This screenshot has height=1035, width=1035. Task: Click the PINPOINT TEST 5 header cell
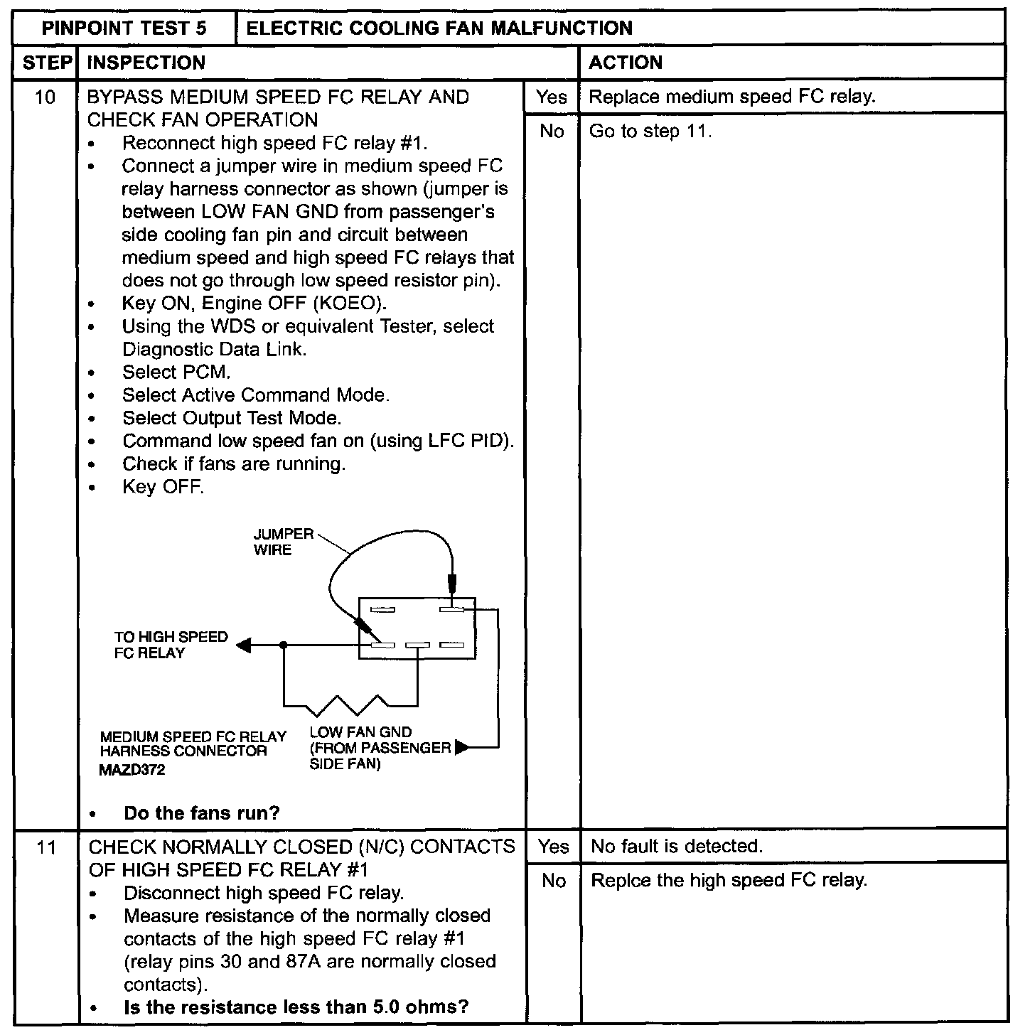click(124, 28)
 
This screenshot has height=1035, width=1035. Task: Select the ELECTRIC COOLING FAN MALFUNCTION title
click(439, 28)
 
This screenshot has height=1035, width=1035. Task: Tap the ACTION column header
click(626, 63)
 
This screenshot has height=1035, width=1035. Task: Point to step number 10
click(45, 97)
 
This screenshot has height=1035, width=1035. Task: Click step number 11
click(46, 847)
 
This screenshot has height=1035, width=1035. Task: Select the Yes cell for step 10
click(552, 97)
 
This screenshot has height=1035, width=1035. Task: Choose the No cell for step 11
click(553, 881)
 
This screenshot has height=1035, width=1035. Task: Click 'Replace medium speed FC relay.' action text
click(732, 97)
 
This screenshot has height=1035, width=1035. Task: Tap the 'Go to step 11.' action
click(650, 131)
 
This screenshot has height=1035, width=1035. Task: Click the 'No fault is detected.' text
click(677, 846)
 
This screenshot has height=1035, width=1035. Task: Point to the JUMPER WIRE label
click(283, 542)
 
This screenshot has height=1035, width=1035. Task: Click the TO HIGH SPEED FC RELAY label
click(171, 645)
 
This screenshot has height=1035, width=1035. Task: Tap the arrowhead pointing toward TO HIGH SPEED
click(244, 645)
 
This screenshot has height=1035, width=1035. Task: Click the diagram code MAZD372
click(132, 769)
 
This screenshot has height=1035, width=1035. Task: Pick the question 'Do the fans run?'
click(202, 813)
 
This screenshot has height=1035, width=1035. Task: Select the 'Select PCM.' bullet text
click(176, 372)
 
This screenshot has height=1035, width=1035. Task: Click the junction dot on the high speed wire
click(284, 645)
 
